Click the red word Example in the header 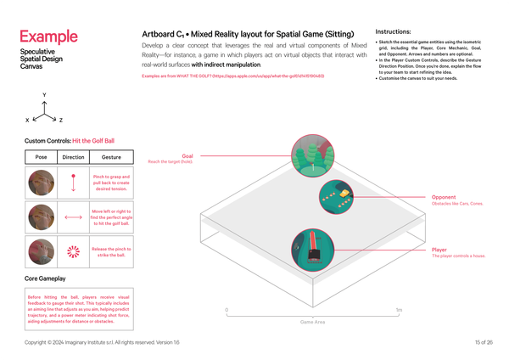48,37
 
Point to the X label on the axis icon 27,121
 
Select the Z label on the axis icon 59,121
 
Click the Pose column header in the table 42,158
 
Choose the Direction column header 74,158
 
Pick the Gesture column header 110,158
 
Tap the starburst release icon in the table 74,250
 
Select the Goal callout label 187,156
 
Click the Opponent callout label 445,197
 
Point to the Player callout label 440,250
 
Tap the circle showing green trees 310,154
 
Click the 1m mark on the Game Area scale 398,310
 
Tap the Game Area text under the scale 313,323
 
